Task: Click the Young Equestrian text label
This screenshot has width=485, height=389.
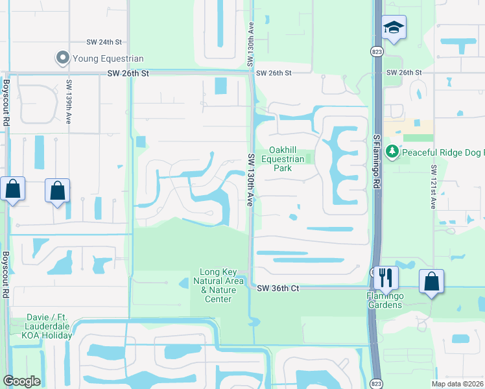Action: pos(108,58)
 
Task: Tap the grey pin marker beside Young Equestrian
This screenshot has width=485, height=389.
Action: pos(63,58)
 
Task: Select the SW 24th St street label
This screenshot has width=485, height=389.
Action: pos(104,42)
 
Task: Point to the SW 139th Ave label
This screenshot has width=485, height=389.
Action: pos(68,95)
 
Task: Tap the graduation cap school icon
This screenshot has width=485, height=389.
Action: pos(393,27)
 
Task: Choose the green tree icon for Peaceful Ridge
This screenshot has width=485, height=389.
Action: pos(392,152)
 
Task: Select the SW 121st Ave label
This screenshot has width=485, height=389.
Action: pos(433,187)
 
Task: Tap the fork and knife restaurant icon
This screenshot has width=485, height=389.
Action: pos(386,277)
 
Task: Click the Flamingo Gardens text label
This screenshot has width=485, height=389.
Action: pos(386,301)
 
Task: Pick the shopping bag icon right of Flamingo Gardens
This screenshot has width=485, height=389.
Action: pos(431,281)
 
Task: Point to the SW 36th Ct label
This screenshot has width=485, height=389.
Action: pos(278,288)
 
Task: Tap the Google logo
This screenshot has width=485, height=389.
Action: pos(21,381)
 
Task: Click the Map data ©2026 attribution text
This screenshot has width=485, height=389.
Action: pos(457,384)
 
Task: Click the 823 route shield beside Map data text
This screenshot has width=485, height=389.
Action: pos(377,384)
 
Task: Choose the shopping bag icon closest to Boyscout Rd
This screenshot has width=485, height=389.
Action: pos(13,189)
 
